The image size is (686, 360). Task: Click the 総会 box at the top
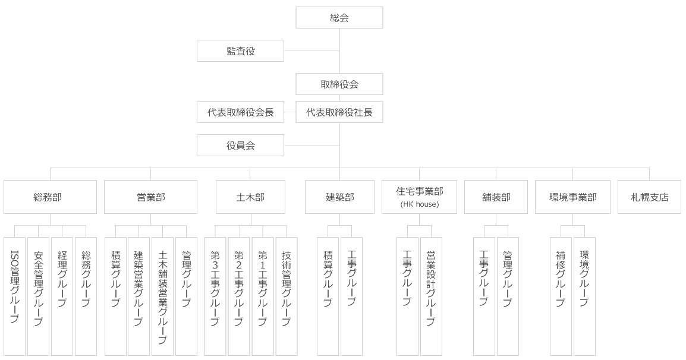click(339, 18)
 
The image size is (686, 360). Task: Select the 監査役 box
click(240, 51)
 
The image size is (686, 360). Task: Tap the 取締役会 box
click(339, 84)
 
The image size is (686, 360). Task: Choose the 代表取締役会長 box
click(240, 112)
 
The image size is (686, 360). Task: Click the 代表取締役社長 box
click(339, 112)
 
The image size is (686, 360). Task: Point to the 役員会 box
click(240, 145)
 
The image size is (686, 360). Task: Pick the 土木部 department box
click(250, 197)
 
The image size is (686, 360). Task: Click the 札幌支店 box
click(649, 197)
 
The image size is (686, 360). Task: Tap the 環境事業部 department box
click(572, 197)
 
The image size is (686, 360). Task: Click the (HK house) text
click(419, 205)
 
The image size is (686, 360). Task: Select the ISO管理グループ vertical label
click(15, 286)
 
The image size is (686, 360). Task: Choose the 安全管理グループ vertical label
click(39, 288)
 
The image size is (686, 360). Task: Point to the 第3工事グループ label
click(215, 288)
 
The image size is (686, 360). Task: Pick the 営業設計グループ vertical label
click(431, 288)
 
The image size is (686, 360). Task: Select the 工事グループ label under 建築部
click(352, 277)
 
